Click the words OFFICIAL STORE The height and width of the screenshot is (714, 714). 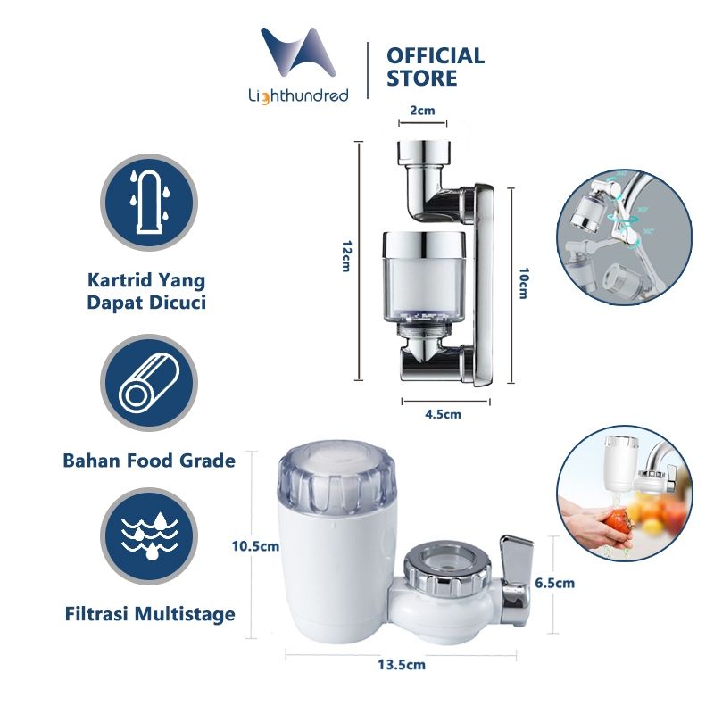pyautogui.click(x=435, y=67)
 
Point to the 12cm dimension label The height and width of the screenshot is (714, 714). pyautogui.click(x=344, y=259)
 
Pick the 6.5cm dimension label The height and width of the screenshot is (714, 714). pyautogui.click(x=554, y=583)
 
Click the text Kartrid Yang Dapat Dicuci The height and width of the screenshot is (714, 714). pyautogui.click(x=146, y=292)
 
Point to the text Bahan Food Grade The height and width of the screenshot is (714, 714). pyautogui.click(x=149, y=461)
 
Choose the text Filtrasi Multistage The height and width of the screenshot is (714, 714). pyautogui.click(x=149, y=614)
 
